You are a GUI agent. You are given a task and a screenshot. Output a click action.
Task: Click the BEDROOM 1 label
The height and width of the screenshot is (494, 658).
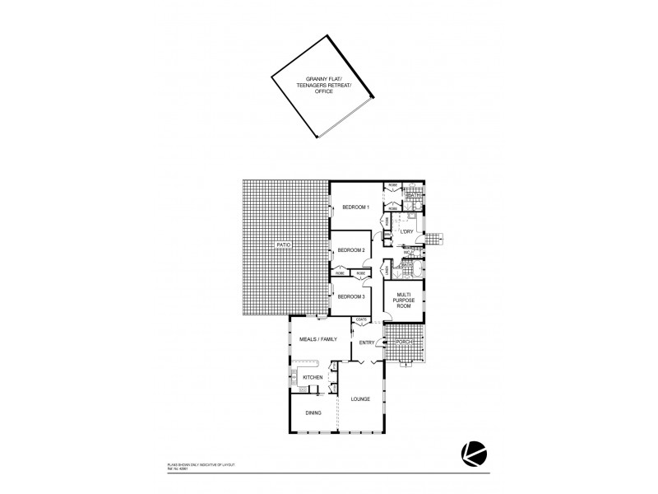pyautogui.click(x=356, y=207)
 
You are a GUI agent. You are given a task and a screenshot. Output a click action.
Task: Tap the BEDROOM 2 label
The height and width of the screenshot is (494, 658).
pyautogui.click(x=350, y=250)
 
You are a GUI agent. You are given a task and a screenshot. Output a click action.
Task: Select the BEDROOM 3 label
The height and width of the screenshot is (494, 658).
pyautogui.click(x=350, y=296)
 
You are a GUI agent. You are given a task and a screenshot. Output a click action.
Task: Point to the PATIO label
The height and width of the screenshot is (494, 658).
pyautogui.click(x=285, y=245)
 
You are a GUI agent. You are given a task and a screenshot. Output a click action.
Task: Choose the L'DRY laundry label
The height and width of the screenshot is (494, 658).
pyautogui.click(x=405, y=231)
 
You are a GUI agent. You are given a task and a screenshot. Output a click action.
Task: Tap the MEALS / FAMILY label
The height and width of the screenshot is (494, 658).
pyautogui.click(x=317, y=339)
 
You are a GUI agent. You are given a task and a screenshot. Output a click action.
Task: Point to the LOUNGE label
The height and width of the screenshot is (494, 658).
pyautogui.click(x=360, y=400)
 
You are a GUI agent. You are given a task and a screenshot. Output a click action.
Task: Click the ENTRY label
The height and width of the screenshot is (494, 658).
pyautogui.click(x=367, y=343)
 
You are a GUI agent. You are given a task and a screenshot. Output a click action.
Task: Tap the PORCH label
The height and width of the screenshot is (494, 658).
pyautogui.click(x=403, y=342)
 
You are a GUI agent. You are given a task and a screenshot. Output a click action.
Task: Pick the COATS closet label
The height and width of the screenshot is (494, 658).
pyautogui.click(x=360, y=319)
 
